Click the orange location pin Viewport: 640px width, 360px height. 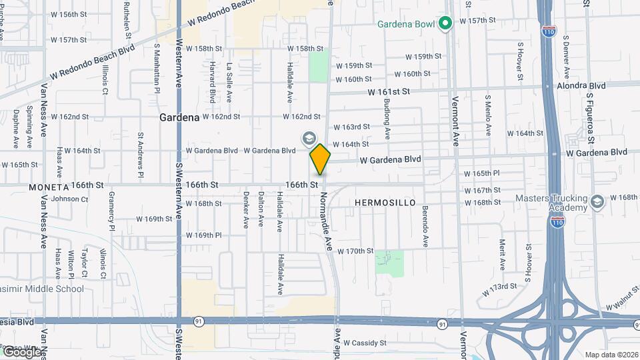click(x=320, y=159)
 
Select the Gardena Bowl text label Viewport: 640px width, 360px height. click(x=406, y=25)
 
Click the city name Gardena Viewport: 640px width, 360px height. click(x=179, y=117)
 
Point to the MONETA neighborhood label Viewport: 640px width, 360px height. click(x=49, y=187)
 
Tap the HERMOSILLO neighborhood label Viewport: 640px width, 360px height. click(x=385, y=202)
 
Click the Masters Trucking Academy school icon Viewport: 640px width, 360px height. click(x=597, y=201)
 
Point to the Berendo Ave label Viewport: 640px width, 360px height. click(x=424, y=227)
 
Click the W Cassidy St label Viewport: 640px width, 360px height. click(x=361, y=343)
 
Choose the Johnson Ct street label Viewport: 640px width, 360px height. click(x=65, y=199)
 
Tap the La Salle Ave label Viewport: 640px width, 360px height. click(x=229, y=82)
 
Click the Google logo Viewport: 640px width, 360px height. click(x=21, y=351)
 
